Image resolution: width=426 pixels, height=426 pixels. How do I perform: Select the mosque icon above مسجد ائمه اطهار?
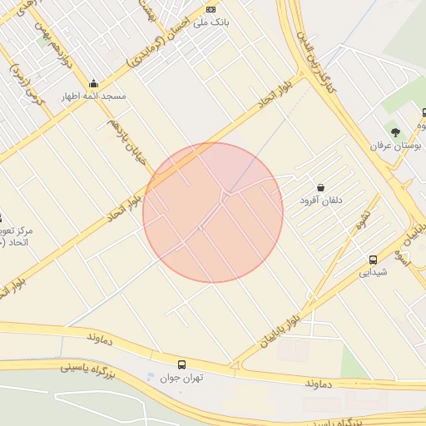[x=93, y=83]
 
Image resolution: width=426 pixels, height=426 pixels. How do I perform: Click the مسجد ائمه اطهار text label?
[x=92, y=97]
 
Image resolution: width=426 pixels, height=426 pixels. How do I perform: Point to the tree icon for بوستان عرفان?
[x=396, y=131]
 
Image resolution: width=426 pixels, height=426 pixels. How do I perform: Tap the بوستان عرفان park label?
[x=397, y=145]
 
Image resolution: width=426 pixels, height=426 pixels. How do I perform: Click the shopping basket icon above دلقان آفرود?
[x=321, y=187]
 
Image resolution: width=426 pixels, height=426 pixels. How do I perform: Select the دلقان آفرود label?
[x=321, y=201]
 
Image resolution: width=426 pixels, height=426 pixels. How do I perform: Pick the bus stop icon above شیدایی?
[x=373, y=259]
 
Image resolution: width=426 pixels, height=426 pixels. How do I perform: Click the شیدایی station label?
[x=373, y=271]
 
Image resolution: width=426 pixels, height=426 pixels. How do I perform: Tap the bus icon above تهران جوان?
[x=181, y=364]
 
